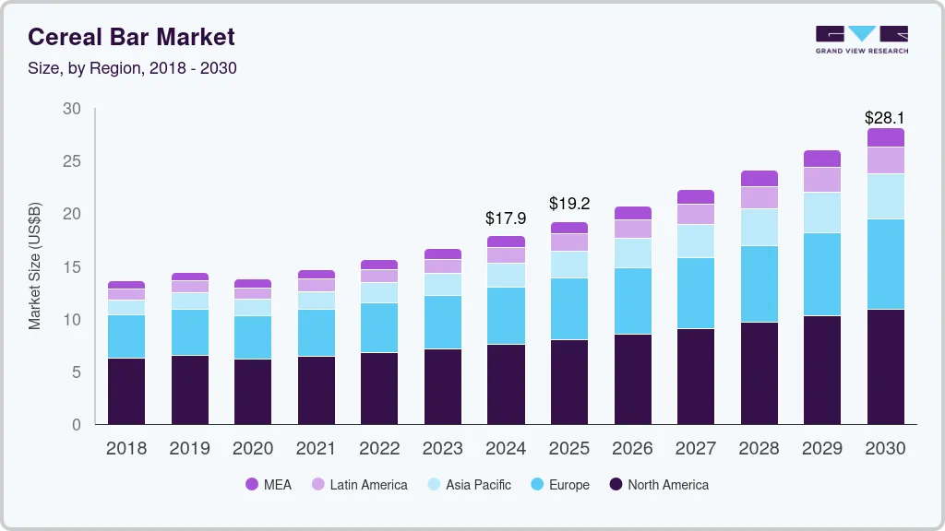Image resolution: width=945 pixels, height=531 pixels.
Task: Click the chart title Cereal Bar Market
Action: click(131, 37)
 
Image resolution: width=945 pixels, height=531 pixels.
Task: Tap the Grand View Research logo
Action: click(861, 39)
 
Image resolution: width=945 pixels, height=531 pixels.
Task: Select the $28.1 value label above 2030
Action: click(884, 118)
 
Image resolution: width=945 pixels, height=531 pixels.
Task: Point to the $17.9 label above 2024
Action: click(506, 218)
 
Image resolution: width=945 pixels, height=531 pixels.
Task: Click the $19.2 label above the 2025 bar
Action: click(568, 203)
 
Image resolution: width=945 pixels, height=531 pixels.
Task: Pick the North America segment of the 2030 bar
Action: click(885, 367)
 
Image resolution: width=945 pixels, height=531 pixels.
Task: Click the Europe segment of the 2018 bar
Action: click(126, 336)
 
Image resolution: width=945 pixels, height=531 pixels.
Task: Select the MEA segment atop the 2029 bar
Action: click(821, 159)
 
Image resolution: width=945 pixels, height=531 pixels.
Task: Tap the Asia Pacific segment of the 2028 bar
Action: click(759, 228)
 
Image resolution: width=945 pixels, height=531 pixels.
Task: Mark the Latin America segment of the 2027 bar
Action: click(695, 214)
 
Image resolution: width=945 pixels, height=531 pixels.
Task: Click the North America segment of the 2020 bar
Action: click(253, 392)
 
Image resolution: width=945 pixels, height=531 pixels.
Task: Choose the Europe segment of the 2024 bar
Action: click(506, 315)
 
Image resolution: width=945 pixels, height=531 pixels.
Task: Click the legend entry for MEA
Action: click(269, 484)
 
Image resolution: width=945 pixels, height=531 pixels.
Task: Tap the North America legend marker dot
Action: click(616, 484)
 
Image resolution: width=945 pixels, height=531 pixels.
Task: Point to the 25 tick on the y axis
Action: click(71, 161)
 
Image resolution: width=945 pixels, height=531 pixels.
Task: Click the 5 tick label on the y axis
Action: click(76, 372)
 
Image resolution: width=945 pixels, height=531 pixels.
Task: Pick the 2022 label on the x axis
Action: click(379, 449)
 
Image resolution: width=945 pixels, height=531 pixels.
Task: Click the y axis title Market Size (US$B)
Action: click(35, 266)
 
